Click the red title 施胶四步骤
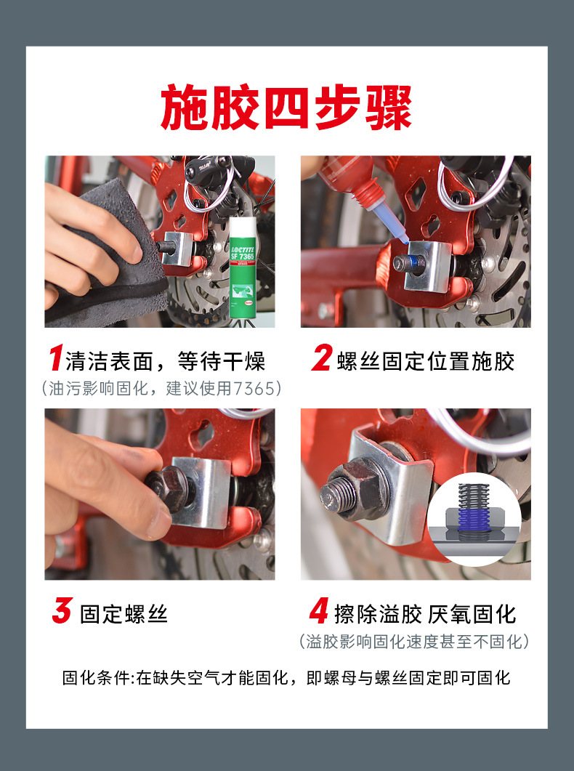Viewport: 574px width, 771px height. pyautogui.click(x=286, y=108)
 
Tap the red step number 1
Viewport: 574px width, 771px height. pyautogui.click(x=56, y=358)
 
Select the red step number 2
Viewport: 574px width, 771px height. pyautogui.click(x=322, y=358)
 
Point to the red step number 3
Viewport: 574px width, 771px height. pyautogui.click(x=62, y=610)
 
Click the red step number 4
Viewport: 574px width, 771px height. pyautogui.click(x=319, y=610)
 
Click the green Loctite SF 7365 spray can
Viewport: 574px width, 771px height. pyautogui.click(x=242, y=267)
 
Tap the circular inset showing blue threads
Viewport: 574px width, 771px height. pyautogui.click(x=474, y=519)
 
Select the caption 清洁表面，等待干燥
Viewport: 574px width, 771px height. pyautogui.click(x=165, y=361)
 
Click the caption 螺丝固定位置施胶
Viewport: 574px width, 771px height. pyautogui.click(x=426, y=361)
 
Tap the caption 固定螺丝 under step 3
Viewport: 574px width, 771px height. pyautogui.click(x=124, y=614)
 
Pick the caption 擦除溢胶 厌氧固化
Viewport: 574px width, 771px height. pyautogui.click(x=425, y=614)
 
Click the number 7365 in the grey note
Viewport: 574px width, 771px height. pyautogui.click(x=254, y=389)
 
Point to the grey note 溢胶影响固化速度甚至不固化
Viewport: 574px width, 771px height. pyautogui.click(x=414, y=641)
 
